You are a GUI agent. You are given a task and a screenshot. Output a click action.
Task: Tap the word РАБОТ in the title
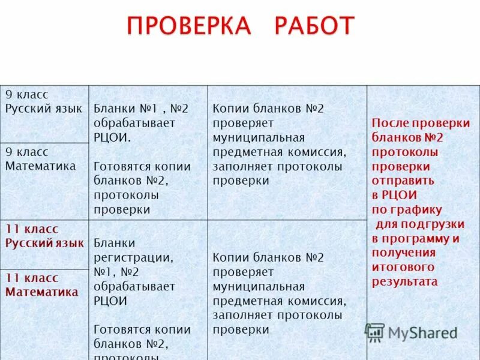tap(314, 26)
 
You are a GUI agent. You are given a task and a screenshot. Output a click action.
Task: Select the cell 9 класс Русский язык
tap(44, 101)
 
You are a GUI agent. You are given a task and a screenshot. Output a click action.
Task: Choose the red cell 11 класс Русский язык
tap(44, 236)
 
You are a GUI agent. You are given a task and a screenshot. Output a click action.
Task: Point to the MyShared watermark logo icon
tap(375, 332)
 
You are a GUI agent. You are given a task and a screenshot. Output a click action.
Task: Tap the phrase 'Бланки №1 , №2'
tap(141, 109)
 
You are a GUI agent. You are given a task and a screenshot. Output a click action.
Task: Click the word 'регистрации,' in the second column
tap(133, 257)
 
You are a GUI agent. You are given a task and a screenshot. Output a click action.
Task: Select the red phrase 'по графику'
tap(407, 209)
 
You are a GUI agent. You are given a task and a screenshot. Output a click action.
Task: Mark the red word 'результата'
tap(405, 281)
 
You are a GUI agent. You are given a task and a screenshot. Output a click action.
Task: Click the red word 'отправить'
tap(403, 180)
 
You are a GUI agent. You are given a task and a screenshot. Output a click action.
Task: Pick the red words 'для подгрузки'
tap(420, 224)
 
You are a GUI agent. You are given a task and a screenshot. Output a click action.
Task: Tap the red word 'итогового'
tap(403, 267)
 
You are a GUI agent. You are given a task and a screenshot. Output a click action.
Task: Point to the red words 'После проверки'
tap(421, 122)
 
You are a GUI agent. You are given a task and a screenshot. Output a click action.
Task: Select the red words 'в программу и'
tap(416, 238)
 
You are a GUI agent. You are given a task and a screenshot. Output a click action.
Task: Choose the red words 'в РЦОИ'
tap(394, 195)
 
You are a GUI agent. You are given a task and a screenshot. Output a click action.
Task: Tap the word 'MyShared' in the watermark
tap(422, 333)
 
